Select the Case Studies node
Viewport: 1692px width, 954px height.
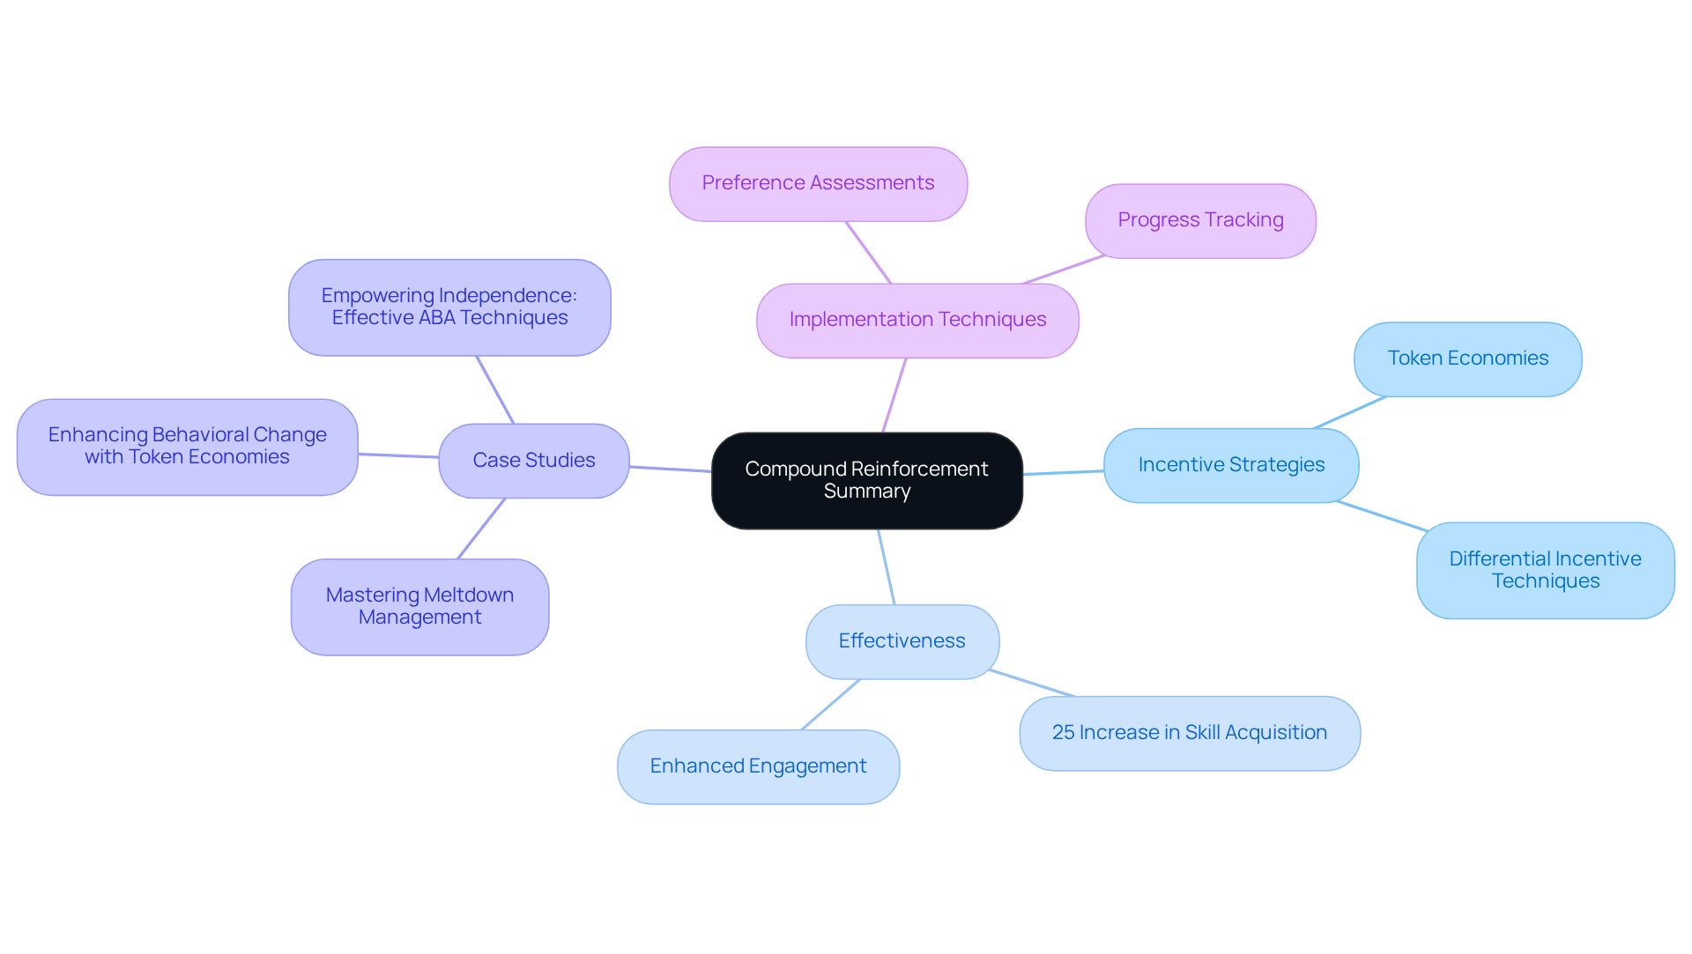(533, 461)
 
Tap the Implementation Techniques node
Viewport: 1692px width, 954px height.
(917, 321)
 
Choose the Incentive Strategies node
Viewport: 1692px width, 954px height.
(1230, 465)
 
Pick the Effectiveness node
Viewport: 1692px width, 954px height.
(902, 641)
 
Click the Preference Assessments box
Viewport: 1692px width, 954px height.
(818, 183)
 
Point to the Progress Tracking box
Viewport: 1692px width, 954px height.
(1200, 220)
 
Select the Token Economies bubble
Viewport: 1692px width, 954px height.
(1467, 359)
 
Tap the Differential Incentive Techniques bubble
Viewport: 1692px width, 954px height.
(1545, 570)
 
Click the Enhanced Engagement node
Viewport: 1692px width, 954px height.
(758, 766)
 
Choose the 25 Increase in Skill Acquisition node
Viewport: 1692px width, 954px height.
(1189, 733)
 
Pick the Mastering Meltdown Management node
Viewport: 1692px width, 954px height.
(419, 606)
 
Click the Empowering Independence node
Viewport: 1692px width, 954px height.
(449, 307)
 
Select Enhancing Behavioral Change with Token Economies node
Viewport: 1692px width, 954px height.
(187, 446)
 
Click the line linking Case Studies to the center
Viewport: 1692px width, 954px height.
(670, 469)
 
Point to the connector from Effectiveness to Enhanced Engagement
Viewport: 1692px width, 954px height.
(830, 704)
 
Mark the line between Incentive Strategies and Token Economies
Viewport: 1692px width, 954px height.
(1349, 412)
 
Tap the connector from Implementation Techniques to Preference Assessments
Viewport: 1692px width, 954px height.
(868, 252)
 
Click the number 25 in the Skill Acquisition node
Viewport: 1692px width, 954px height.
(1063, 733)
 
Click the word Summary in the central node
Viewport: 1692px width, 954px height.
(867, 492)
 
